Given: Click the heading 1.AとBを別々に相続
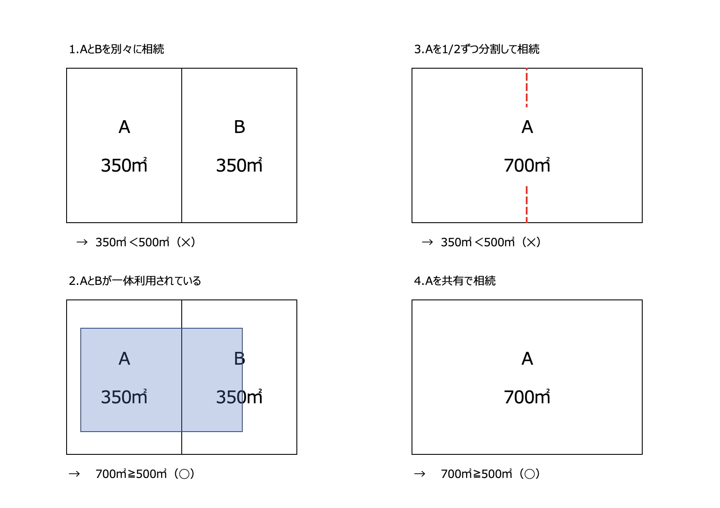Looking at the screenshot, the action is pyautogui.click(x=116, y=49).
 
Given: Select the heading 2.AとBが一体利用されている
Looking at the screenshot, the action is pyautogui.click(x=135, y=281).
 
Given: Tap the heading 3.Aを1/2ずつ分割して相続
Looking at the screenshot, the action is pyautogui.click(x=477, y=49).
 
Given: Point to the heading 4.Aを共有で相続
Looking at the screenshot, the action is pyautogui.click(x=455, y=281).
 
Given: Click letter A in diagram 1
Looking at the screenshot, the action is pyautogui.click(x=125, y=127).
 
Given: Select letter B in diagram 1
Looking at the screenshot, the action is pyautogui.click(x=239, y=127).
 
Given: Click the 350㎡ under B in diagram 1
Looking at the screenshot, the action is pyautogui.click(x=239, y=165).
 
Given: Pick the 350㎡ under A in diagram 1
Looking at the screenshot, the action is pyautogui.click(x=124, y=165).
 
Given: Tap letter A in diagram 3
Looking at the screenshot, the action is pyautogui.click(x=527, y=127).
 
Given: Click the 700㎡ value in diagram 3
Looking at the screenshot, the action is pyautogui.click(x=527, y=165).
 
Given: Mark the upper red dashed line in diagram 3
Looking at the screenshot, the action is pyautogui.click(x=527, y=88).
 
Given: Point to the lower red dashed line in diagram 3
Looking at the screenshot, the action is pyautogui.click(x=527, y=204).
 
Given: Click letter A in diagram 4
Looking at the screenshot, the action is pyautogui.click(x=527, y=358).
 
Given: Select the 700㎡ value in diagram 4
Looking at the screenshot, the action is pyautogui.click(x=527, y=396).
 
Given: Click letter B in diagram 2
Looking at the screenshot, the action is pyautogui.click(x=239, y=358).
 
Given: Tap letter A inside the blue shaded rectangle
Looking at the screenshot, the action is pyautogui.click(x=125, y=358).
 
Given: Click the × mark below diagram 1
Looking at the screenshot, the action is pyautogui.click(x=186, y=242).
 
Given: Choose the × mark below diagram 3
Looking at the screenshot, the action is pyautogui.click(x=531, y=242).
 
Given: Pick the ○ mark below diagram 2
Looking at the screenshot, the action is pyautogui.click(x=184, y=474).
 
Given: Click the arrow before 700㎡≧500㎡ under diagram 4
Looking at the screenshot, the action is pyautogui.click(x=419, y=474).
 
